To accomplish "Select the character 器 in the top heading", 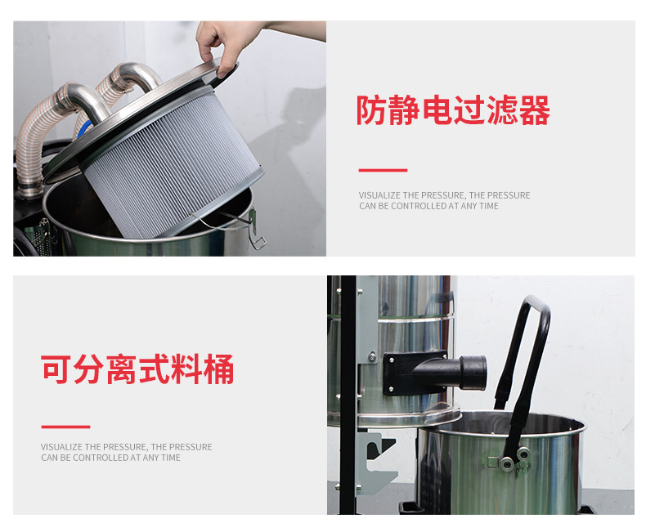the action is pyautogui.click(x=534, y=110).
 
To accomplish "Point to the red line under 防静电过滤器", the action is pyautogui.click(x=383, y=170).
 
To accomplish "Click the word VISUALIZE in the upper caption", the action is pyautogui.click(x=379, y=195).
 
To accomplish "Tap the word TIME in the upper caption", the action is pyautogui.click(x=489, y=206).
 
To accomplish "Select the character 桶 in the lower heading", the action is pyautogui.click(x=218, y=369).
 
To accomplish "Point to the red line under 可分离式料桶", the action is pyautogui.click(x=65, y=427).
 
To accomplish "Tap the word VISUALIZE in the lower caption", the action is pyautogui.click(x=61, y=447).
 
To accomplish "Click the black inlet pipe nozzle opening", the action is pyautogui.click(x=473, y=373).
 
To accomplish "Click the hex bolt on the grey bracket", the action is pyautogui.click(x=372, y=356).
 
